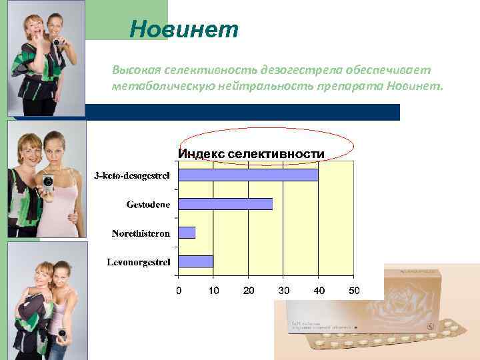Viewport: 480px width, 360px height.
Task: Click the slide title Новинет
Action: [184, 29]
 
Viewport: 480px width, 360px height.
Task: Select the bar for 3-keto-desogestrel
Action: [248, 175]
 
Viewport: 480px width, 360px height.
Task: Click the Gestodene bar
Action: [225, 204]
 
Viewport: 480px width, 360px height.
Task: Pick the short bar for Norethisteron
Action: [187, 233]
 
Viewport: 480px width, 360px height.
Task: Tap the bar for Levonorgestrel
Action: [195, 261]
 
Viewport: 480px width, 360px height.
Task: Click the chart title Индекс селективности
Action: [251, 154]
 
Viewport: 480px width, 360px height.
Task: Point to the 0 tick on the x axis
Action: [178, 291]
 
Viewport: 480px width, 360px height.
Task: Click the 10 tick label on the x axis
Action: [213, 291]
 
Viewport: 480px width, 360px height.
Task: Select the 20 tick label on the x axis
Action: [248, 291]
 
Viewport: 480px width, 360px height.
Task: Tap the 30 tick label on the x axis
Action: [283, 291]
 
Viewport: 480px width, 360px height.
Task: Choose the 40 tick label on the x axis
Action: [319, 291]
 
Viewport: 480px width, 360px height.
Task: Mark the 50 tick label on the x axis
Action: [354, 291]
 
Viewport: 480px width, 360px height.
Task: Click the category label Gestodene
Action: [148, 204]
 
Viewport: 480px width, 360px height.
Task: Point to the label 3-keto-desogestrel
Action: [131, 175]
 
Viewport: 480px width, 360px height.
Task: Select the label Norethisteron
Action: [140, 233]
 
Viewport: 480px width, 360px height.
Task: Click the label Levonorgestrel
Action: [138, 262]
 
